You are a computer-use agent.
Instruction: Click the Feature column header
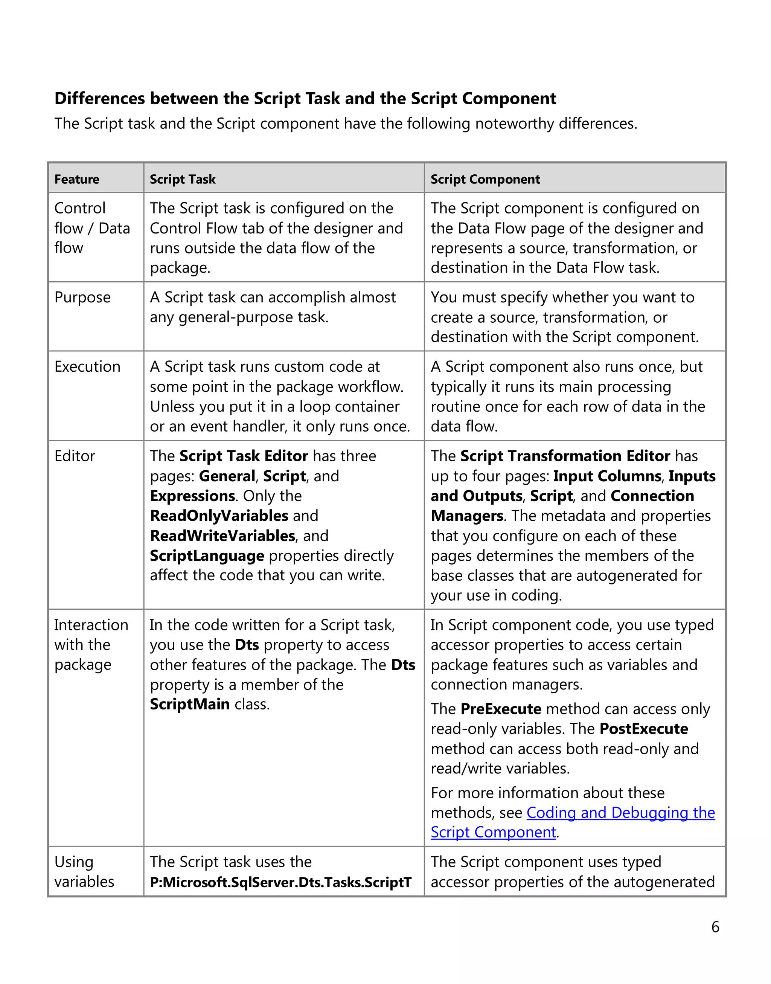77,179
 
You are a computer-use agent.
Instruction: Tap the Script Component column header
485,179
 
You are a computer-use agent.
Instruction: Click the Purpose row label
82,297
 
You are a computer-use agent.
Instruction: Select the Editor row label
75,456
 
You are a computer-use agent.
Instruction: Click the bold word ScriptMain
190,704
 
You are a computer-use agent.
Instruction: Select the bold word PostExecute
643,728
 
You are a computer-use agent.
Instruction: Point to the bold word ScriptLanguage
207,555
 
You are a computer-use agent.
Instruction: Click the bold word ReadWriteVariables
222,535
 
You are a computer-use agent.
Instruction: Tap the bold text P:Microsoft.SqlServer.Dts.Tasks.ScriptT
280,882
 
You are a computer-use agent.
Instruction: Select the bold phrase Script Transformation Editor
565,456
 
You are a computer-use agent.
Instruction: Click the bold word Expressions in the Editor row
192,496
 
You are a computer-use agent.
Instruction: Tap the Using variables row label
84,871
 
